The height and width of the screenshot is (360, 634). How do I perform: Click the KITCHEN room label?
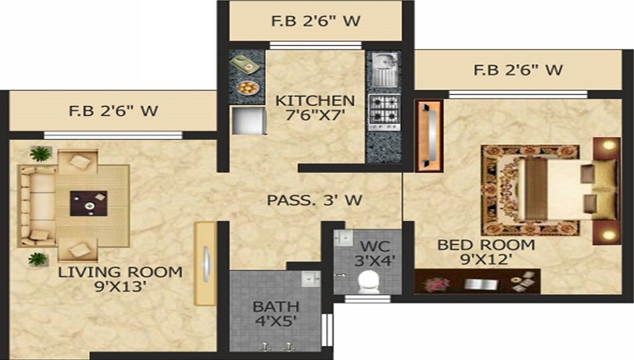pos(314,101)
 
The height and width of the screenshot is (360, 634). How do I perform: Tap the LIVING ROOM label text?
pos(120,273)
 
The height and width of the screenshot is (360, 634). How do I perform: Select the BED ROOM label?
pos(486,245)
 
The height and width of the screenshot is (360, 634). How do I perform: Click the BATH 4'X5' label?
pos(276,307)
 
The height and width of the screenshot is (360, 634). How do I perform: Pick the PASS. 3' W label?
pos(314,200)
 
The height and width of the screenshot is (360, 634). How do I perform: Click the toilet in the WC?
pos(367,281)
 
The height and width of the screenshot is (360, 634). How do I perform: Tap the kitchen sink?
pos(384,68)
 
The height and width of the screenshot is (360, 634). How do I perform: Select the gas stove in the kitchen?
pos(385,108)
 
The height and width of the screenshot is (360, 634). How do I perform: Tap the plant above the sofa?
pos(40,153)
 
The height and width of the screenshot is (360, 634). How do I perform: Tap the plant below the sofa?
pos(38,259)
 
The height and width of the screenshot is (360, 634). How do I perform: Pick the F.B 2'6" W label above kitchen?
pos(316,21)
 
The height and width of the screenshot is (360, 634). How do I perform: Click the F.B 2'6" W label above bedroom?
pos(518,69)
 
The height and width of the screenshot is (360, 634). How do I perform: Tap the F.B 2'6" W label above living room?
pos(113,112)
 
